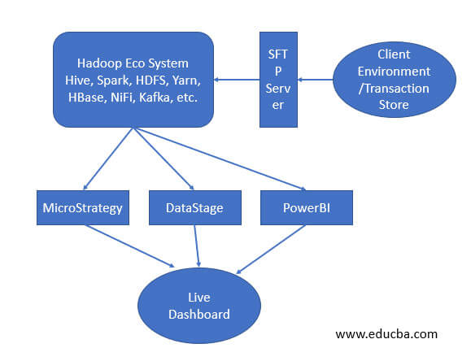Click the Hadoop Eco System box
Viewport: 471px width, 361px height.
pos(133,80)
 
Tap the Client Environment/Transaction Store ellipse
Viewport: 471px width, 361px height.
pos(395,80)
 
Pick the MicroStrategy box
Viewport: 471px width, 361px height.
pos(82,208)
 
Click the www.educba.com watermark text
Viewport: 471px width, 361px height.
pos(386,333)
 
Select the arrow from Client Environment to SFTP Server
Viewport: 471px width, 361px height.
pos(317,80)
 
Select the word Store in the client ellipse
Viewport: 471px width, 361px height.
pos(395,104)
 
